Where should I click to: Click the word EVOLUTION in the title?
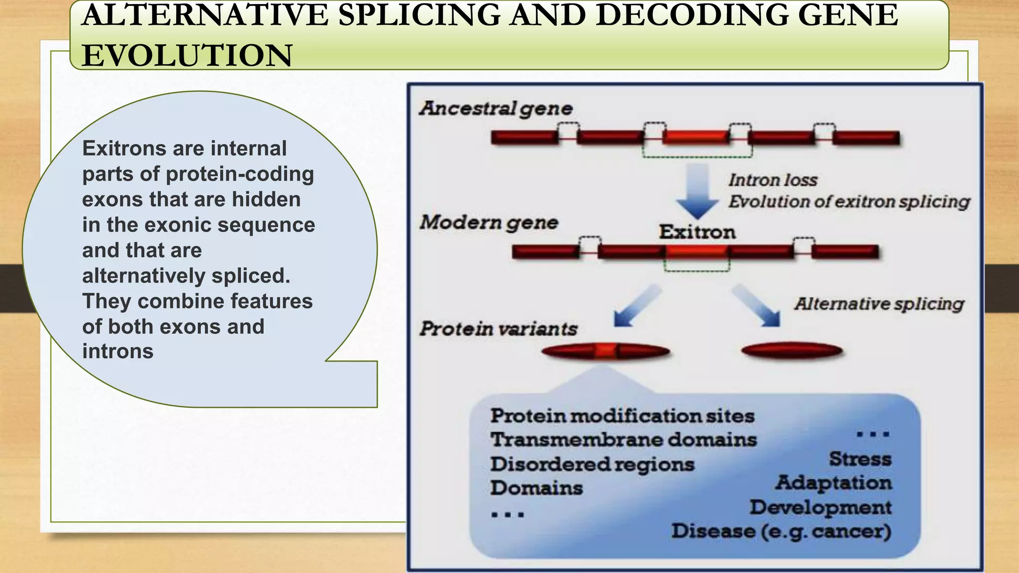[x=187, y=55]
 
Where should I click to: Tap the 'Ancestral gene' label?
[x=496, y=108]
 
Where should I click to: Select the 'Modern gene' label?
[x=489, y=222]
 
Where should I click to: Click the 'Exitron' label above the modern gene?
[x=697, y=232]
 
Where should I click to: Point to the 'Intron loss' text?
[x=773, y=180]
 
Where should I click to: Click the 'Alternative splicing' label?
[x=879, y=304]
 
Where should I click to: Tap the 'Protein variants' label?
[x=498, y=329]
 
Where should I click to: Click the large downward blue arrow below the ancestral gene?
[x=697, y=191]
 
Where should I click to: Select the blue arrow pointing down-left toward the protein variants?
[x=636, y=306]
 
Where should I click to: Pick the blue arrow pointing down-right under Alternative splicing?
[x=757, y=306]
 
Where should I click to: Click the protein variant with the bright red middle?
[x=606, y=352]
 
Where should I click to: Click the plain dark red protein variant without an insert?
[x=791, y=351]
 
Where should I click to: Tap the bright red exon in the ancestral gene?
[x=696, y=137]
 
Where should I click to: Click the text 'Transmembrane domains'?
[x=623, y=440]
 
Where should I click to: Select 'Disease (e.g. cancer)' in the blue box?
[x=781, y=531]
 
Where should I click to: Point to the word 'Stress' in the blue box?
[x=860, y=459]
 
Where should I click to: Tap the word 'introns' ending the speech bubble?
[x=118, y=351]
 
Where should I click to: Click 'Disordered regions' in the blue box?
[x=592, y=464]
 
